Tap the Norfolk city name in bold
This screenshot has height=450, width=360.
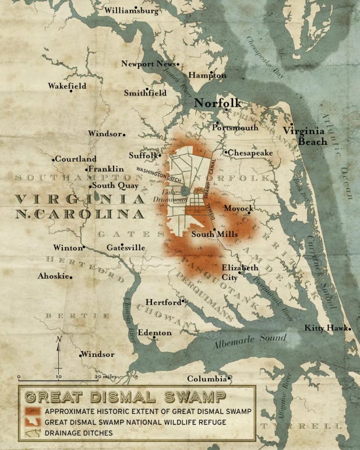point(217,103)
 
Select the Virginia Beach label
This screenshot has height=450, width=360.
point(305,136)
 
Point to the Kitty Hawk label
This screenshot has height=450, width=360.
point(326,328)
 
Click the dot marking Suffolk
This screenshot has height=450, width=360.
point(160,155)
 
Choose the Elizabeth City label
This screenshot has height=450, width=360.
point(239,272)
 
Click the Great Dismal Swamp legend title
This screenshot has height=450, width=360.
point(125,398)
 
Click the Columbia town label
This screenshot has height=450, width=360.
point(206,378)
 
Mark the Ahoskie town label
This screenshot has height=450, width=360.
point(53,276)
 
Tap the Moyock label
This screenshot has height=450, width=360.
point(238,208)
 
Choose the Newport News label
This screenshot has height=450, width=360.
point(148,63)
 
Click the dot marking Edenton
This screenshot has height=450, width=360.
point(154,337)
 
